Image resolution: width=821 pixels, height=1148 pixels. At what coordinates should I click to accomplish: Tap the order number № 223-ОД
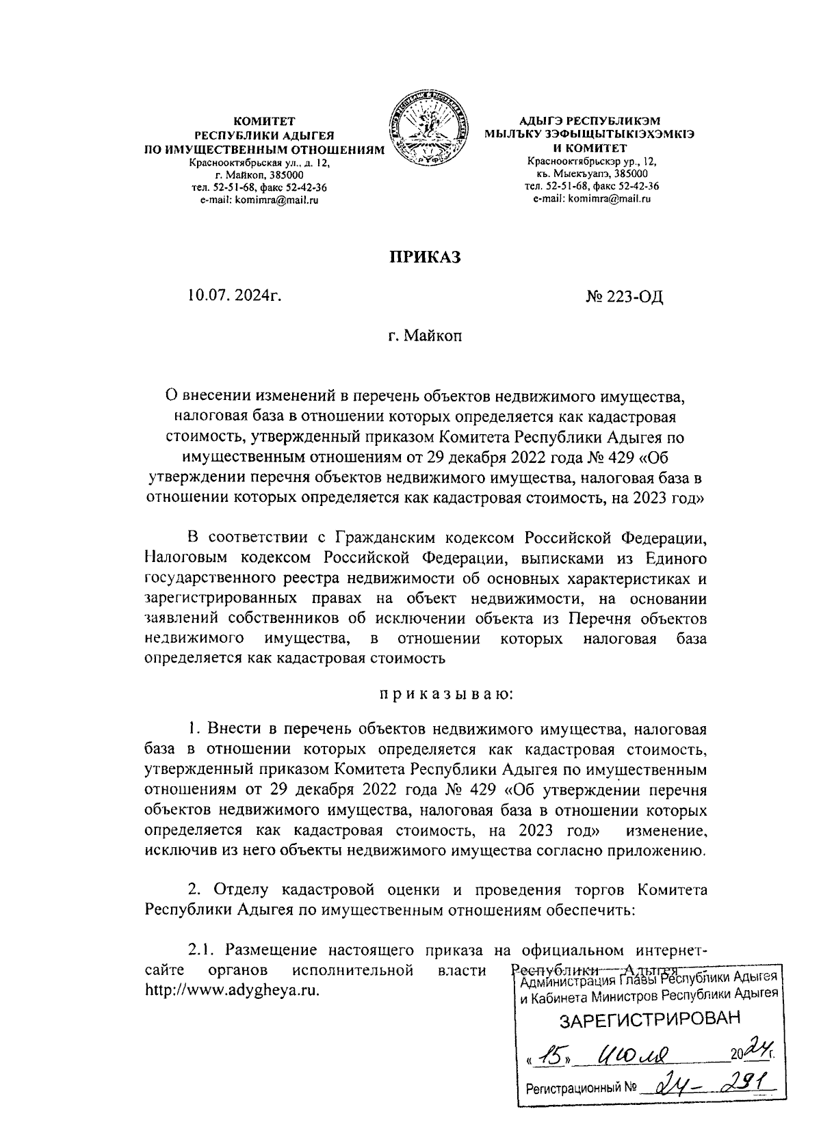point(625,297)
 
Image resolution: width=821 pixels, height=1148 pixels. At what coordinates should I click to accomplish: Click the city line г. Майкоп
point(424,336)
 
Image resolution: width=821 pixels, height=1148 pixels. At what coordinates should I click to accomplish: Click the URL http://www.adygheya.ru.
point(233,991)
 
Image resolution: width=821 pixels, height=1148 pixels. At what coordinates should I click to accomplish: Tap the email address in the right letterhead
point(591,199)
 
